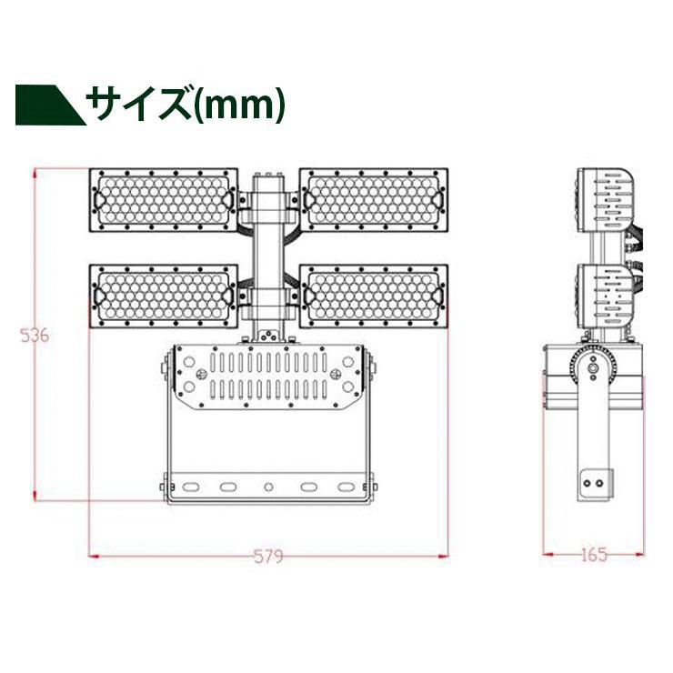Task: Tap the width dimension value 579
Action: (268, 556)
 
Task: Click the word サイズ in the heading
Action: (139, 105)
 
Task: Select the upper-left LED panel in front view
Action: (164, 199)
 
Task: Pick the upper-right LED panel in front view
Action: (374, 199)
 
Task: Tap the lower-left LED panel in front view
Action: (164, 296)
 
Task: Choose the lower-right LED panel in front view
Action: (374, 296)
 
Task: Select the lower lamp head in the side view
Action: (603, 296)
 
